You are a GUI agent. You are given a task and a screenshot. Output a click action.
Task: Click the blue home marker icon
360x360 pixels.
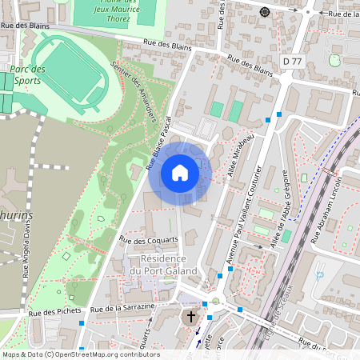180,173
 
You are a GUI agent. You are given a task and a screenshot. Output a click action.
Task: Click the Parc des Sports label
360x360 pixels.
28,74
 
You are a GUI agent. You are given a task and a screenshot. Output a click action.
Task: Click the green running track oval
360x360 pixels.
72,70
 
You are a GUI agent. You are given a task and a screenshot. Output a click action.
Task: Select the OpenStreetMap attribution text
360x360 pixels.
80,354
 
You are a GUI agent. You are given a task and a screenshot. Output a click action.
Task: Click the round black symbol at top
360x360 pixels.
265,11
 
